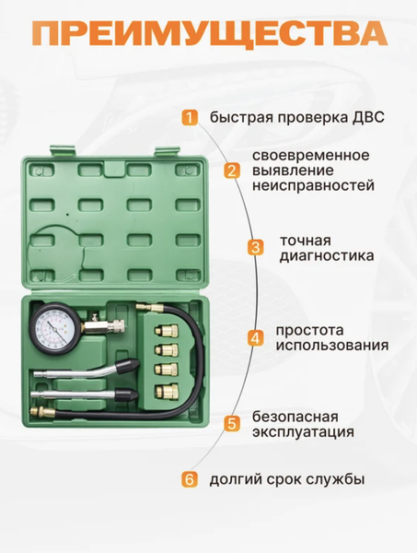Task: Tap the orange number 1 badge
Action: tap(190, 117)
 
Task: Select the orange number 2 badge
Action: tap(231, 171)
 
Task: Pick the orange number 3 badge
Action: tap(256, 247)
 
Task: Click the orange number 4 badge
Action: tap(256, 338)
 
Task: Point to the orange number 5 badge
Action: tap(231, 424)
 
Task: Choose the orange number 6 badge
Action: tap(190, 479)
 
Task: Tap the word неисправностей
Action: tap(313, 185)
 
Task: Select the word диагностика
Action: tap(327, 256)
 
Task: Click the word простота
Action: tap(309, 331)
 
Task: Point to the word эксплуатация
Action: tap(303, 432)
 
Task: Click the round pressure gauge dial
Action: tap(55, 328)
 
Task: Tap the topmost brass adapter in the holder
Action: tap(167, 331)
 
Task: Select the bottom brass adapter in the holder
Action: tap(167, 390)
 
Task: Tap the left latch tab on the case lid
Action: tap(63, 150)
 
